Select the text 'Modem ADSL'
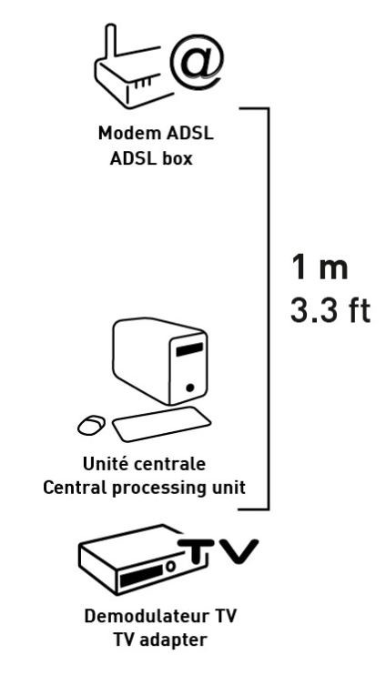(x=156, y=133)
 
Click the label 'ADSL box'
(x=151, y=159)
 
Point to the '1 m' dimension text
(x=320, y=267)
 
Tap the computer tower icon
(x=160, y=361)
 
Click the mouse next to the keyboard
(x=91, y=425)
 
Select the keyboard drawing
(x=161, y=424)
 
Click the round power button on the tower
(x=190, y=388)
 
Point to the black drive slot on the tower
(x=189, y=349)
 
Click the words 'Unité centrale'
(x=144, y=464)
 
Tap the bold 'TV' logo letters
(x=218, y=550)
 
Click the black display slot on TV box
(x=141, y=576)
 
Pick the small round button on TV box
(x=171, y=566)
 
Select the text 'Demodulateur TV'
(x=160, y=616)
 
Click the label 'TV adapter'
(x=160, y=640)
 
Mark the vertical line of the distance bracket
(x=269, y=308)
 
